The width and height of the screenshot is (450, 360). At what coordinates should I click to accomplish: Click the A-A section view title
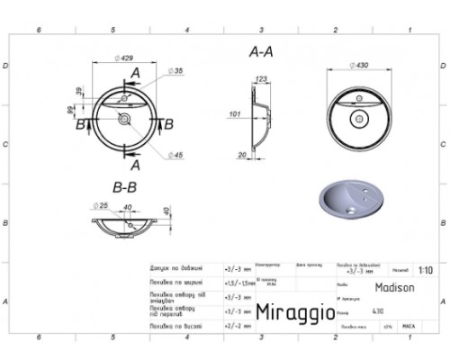(261, 52)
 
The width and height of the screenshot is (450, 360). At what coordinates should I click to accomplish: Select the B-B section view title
(123, 188)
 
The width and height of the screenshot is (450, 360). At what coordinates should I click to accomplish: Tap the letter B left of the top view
(82, 123)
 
